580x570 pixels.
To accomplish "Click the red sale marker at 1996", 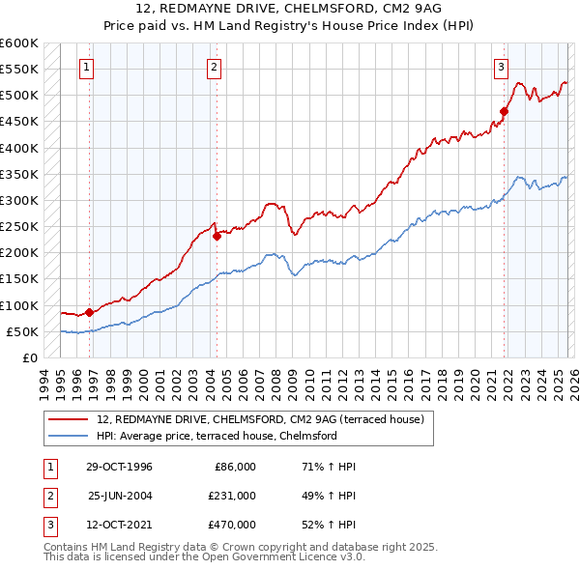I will [x=90, y=312].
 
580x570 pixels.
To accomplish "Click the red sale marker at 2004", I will [x=217, y=237].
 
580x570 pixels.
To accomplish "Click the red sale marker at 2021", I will [x=504, y=111].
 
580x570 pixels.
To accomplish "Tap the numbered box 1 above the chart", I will [x=87, y=68].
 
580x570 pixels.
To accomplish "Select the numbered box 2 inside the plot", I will [x=213, y=68].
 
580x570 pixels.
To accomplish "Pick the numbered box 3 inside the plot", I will [x=501, y=68].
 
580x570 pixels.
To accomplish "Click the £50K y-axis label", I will [x=22, y=331].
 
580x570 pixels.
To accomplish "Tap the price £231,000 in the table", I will [x=232, y=496].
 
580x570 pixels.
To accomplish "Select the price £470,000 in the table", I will [x=232, y=525].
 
